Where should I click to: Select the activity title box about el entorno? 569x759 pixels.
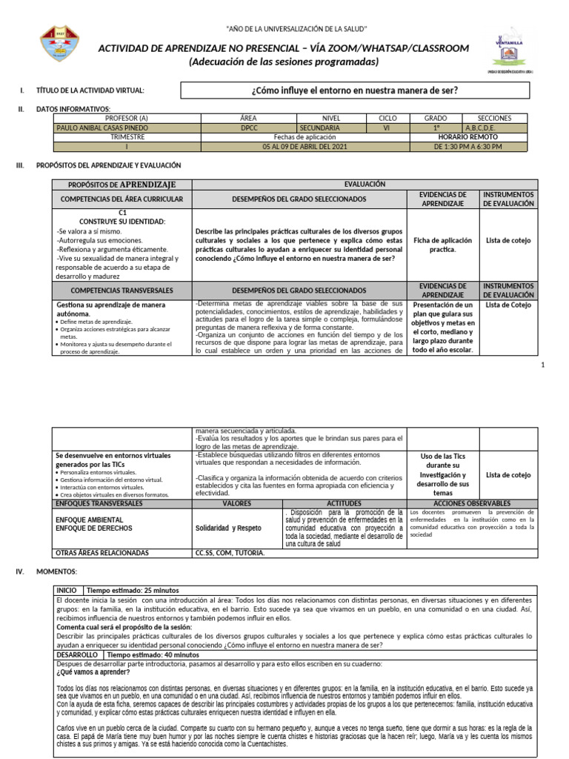coord(355,90)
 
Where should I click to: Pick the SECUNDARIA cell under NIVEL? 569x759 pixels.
coord(319,127)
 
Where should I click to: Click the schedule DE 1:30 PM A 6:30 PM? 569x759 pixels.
coord(467,147)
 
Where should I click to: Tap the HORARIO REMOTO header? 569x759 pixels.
coord(467,137)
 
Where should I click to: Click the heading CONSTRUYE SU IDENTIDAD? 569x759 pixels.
coord(122,222)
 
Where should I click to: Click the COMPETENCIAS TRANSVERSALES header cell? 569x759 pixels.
coord(122,290)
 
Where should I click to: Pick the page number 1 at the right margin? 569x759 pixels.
coord(543,365)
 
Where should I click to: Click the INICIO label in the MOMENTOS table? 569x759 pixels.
coord(67,590)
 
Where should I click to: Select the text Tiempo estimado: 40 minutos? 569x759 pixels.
coord(153,655)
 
